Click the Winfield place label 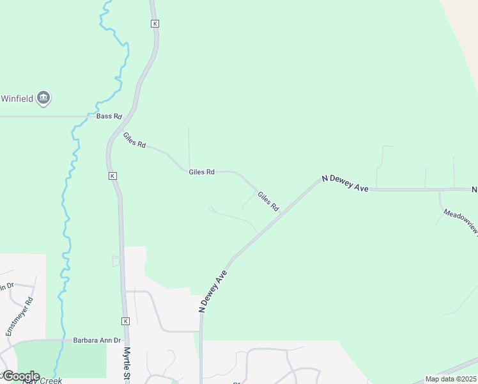click(x=17, y=99)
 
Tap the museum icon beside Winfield click(x=44, y=98)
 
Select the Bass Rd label click(x=109, y=116)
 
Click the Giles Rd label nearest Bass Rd click(x=134, y=140)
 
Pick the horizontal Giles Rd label click(x=201, y=172)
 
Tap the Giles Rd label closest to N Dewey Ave click(x=268, y=201)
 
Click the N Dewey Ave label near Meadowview click(x=346, y=184)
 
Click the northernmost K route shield click(x=155, y=24)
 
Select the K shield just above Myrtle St click(x=125, y=321)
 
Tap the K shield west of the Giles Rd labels click(x=112, y=175)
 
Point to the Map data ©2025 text click(x=451, y=379)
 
